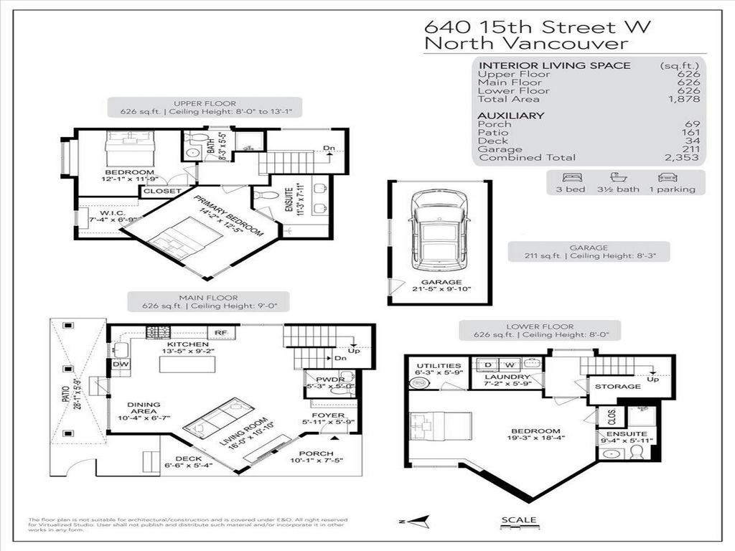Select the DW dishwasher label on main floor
pos(120,364)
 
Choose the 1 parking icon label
pos(673,189)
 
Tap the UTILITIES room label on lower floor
pos(437,366)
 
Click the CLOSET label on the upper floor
pos(161,192)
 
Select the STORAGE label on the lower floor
pos(617,387)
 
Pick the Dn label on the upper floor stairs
pos(329,149)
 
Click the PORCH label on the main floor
pos(316,453)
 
